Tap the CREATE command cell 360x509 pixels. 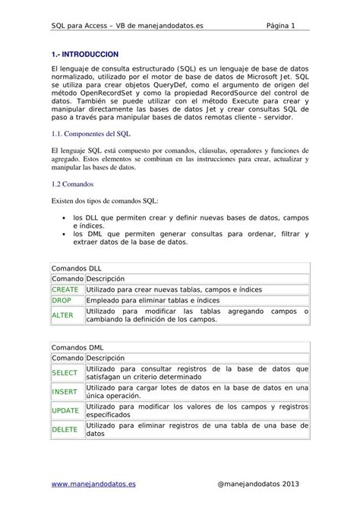65,289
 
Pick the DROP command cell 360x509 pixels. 62,301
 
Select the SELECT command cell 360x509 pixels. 65,372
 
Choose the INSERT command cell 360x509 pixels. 65,391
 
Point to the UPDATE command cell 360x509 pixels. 65,410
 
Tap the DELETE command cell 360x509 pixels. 65,430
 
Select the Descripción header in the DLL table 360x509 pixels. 105,279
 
